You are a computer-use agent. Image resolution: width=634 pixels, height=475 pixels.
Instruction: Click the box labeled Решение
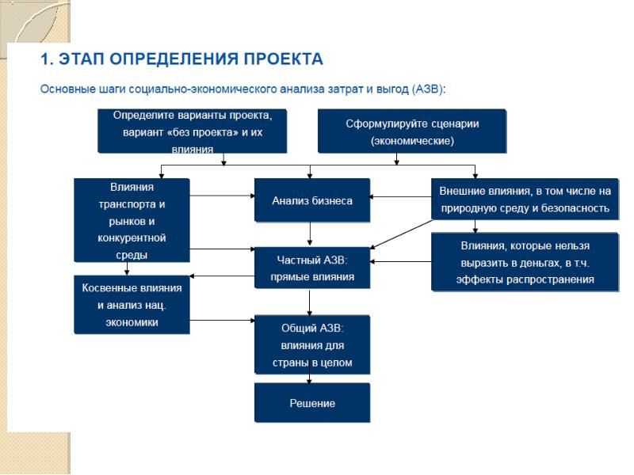312,403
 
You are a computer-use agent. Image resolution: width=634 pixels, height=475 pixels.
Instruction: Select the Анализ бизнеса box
312,200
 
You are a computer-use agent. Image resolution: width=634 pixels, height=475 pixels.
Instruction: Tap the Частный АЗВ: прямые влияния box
312,268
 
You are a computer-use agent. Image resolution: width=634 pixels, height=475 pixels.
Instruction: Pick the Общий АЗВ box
312,345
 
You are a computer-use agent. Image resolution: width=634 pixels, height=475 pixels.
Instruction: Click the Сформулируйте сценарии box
412,131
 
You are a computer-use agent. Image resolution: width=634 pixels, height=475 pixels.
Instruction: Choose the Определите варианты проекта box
193,131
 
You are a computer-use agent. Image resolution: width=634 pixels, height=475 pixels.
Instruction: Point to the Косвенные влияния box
132,305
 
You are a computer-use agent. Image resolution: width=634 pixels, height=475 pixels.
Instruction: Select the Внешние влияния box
525,199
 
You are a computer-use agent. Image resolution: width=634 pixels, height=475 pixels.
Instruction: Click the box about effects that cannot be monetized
525,262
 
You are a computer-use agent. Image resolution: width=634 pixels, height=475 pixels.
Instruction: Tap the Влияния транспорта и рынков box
132,220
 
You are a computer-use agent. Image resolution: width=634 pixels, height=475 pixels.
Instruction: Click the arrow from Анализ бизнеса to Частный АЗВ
310,234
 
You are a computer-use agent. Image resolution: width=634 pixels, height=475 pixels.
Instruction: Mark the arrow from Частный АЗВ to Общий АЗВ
310,302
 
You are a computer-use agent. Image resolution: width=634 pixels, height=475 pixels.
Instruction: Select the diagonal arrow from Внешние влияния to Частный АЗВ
402,234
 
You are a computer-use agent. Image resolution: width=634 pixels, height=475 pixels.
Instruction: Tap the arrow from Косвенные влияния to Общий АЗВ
222,321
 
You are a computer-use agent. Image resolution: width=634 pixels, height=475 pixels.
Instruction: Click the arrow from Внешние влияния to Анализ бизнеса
400,196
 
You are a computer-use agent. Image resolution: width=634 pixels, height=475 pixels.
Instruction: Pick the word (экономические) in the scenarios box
412,141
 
